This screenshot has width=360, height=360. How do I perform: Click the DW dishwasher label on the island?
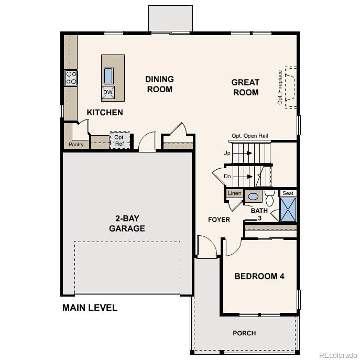(108, 93)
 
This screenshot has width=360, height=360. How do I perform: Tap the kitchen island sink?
(108, 75)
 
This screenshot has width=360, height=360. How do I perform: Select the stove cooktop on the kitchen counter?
(71, 78)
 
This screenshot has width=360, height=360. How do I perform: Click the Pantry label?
(75, 145)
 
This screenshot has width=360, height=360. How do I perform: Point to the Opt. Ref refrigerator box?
(119, 140)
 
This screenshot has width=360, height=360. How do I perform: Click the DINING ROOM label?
(159, 84)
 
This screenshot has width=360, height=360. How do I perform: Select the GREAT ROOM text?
(245, 87)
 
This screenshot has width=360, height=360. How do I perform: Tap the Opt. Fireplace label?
(280, 87)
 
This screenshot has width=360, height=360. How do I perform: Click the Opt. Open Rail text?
(249, 136)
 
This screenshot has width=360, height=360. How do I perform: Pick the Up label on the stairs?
(226, 153)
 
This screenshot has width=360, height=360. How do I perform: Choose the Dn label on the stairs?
(227, 176)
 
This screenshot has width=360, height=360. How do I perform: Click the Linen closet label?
(234, 194)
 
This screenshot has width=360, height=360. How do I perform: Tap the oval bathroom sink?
(253, 197)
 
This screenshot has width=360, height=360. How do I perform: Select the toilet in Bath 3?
(269, 198)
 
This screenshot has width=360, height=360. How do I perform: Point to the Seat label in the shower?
(288, 193)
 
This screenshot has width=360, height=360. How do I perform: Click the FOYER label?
(219, 220)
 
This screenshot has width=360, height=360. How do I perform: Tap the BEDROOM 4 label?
(259, 276)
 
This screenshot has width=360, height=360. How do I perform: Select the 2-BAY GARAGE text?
(127, 223)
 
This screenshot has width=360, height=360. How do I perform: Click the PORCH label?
(244, 333)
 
